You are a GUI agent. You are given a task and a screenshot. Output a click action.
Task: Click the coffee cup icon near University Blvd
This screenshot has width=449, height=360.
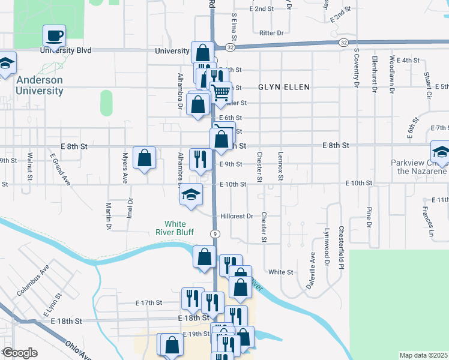point(55,36)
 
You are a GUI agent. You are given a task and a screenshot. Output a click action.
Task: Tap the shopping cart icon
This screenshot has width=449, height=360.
point(221,92)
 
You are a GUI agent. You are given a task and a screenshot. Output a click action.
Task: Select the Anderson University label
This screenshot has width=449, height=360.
point(40,85)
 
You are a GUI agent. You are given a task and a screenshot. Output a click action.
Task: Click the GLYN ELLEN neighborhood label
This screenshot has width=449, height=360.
point(284,87)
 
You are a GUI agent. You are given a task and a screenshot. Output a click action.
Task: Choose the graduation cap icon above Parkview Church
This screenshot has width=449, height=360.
point(441,151)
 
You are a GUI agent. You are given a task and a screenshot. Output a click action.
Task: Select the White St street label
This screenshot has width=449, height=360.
point(280,272)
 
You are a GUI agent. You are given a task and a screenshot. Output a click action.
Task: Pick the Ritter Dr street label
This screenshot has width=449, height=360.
point(271,33)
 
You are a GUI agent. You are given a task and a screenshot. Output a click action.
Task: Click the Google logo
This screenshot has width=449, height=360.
point(20,353)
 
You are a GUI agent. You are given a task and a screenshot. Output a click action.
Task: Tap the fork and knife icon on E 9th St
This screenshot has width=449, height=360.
point(199,159)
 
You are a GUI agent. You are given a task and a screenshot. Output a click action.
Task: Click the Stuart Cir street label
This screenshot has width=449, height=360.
point(428,85)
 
